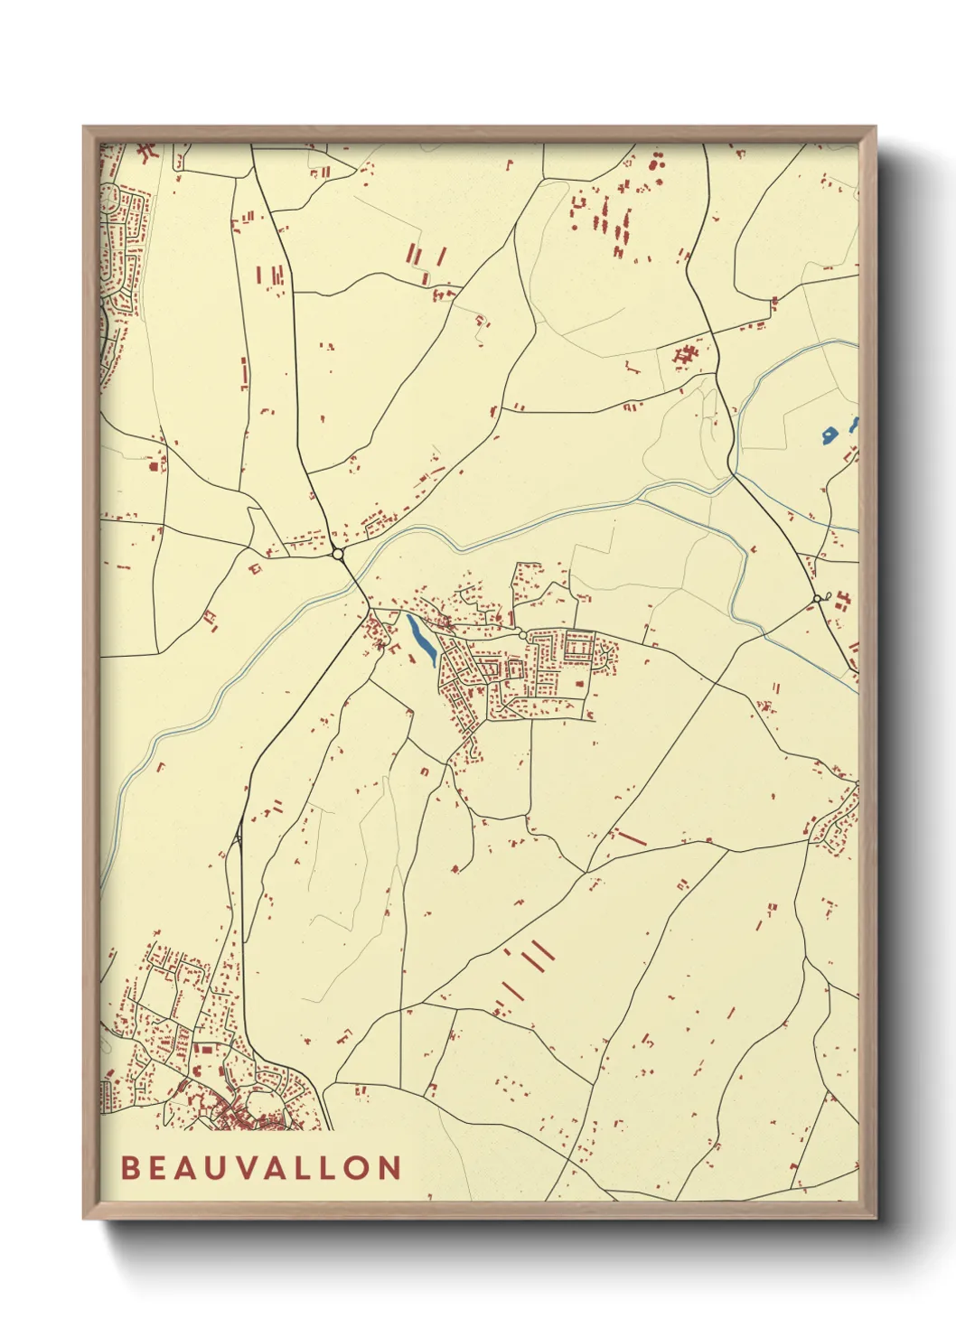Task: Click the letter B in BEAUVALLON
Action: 130,1168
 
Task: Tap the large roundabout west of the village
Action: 338,554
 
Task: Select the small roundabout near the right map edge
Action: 817,598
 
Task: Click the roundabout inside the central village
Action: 522,636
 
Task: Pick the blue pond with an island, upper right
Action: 829,435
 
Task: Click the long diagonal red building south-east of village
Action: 632,838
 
